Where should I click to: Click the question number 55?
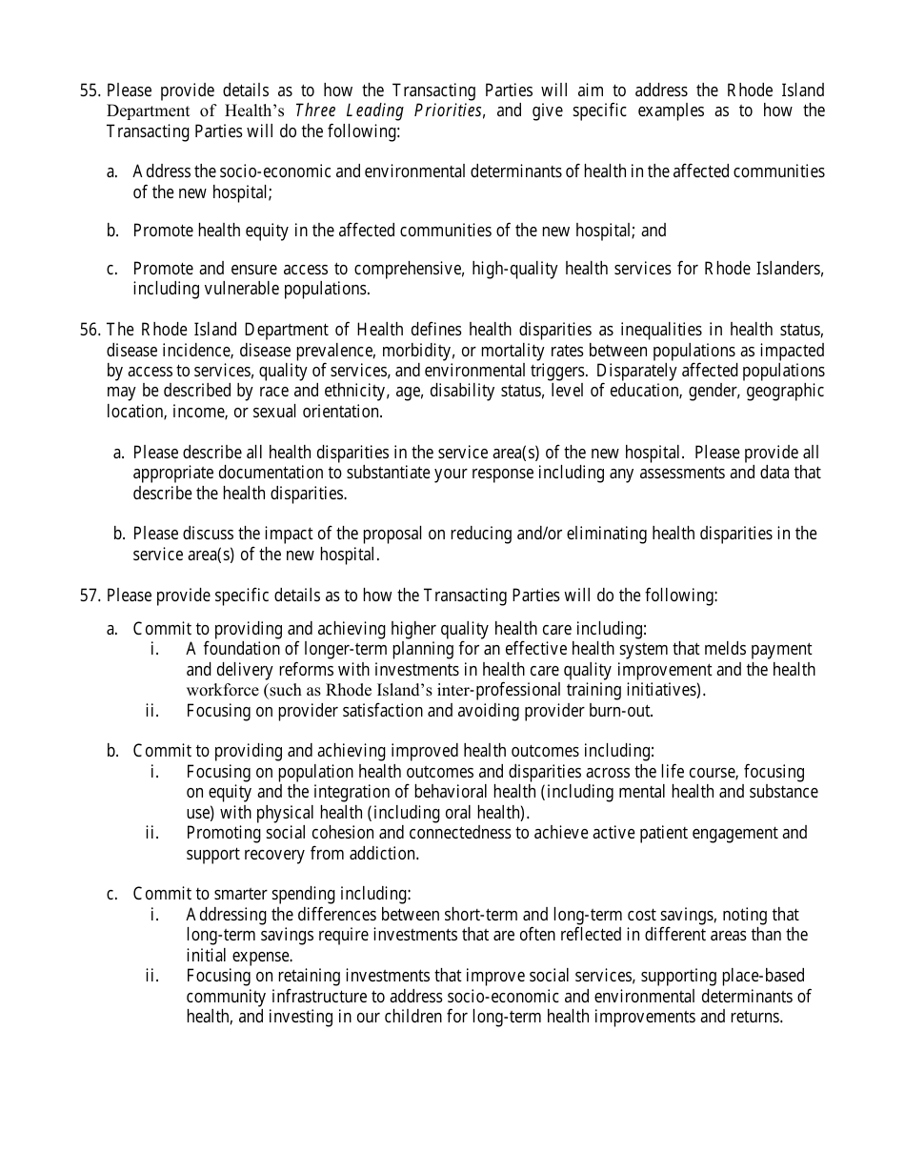tap(90, 91)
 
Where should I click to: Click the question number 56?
tap(90, 330)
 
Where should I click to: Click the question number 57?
tap(90, 596)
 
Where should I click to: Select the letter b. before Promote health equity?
tap(112, 231)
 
